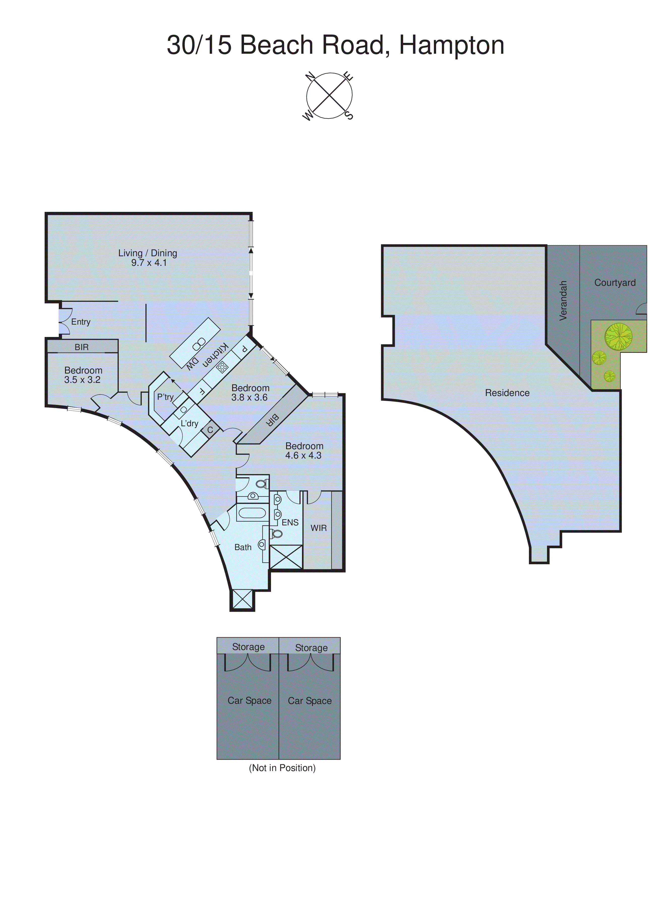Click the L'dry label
click(189, 423)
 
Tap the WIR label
click(319, 528)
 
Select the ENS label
click(290, 522)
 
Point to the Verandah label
click(563, 301)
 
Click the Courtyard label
click(615, 282)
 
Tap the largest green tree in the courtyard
click(618, 336)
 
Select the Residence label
click(507, 393)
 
